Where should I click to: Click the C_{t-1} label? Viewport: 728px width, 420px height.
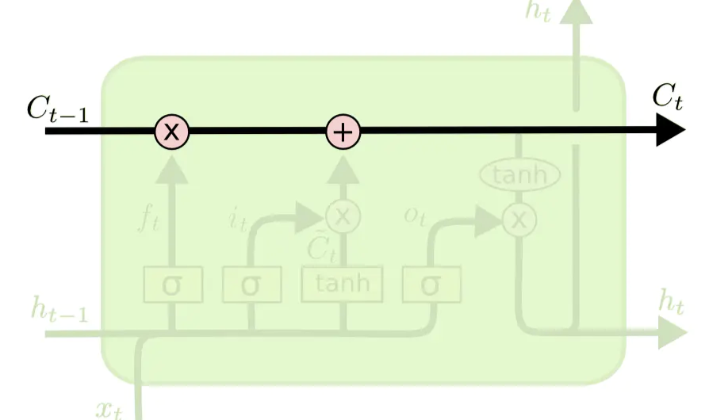(x=58, y=109)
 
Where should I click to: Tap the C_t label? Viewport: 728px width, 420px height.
(x=667, y=97)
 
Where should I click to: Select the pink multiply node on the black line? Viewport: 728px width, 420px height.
(x=171, y=131)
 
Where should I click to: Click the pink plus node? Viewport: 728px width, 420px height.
(x=343, y=131)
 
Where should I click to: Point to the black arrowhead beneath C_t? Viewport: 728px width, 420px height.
(x=671, y=131)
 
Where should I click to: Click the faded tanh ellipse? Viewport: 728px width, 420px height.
(x=519, y=175)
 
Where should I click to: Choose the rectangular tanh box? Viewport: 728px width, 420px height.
(x=342, y=284)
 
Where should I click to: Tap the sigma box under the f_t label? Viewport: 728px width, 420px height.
(x=171, y=284)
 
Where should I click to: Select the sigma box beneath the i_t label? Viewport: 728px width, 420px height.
(x=251, y=284)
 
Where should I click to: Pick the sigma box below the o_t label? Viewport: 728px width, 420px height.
(x=430, y=284)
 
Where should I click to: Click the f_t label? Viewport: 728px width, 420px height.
(x=150, y=218)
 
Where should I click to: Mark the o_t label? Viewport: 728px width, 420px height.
(x=415, y=216)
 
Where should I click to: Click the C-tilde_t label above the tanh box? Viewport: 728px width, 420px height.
(x=321, y=249)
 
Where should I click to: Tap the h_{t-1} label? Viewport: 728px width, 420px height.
(x=59, y=309)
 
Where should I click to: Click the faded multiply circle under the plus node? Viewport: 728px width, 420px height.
(x=343, y=216)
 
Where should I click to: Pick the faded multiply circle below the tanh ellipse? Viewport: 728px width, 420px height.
(x=519, y=220)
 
